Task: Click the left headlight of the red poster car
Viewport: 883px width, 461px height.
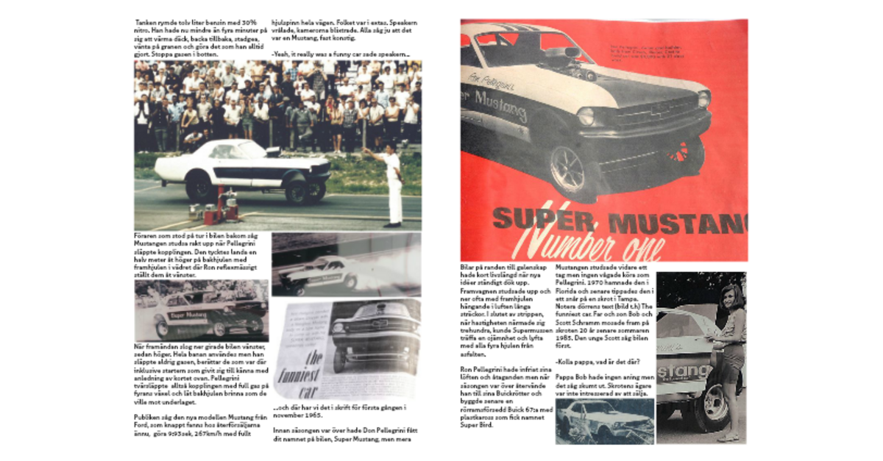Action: point(586,115)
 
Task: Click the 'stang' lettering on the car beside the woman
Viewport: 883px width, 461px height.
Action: point(684,372)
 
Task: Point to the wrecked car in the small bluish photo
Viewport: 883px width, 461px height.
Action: point(603,420)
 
